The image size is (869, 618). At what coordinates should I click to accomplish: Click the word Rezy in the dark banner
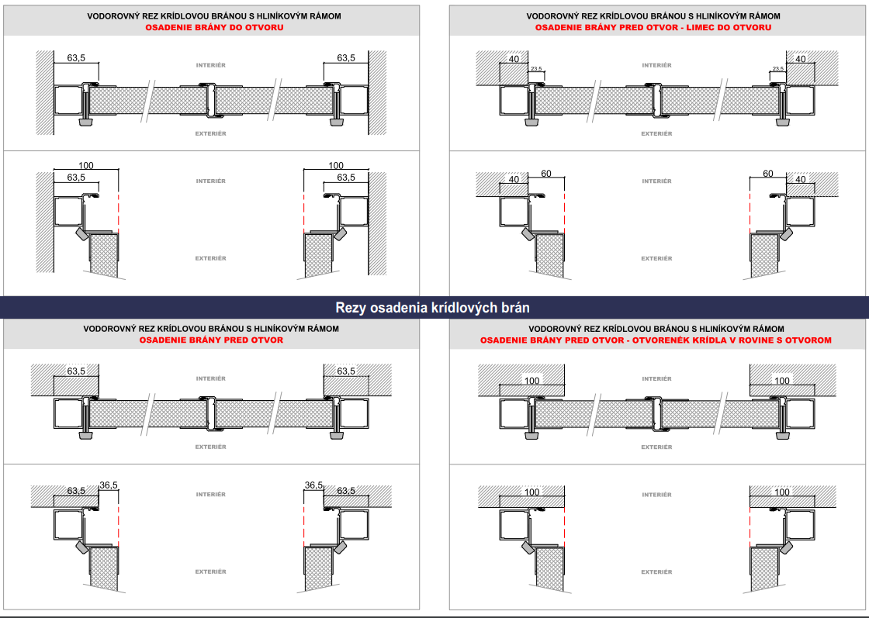[x=351, y=308]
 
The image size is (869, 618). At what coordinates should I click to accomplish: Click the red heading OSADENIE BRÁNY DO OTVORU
[x=214, y=27]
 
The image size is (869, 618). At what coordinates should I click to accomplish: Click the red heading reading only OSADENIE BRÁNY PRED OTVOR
[x=211, y=340]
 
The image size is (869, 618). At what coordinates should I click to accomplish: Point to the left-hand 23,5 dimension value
[x=536, y=69]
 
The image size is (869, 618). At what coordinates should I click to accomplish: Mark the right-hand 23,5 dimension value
[x=777, y=69]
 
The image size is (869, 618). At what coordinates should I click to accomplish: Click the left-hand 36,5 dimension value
[x=109, y=485]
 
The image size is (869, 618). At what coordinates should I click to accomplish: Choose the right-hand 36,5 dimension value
[x=313, y=485]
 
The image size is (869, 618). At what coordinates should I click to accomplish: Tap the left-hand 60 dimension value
[x=546, y=174]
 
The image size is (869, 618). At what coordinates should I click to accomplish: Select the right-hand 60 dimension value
[x=767, y=174]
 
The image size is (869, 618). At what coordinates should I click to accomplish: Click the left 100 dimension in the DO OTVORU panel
[x=86, y=166]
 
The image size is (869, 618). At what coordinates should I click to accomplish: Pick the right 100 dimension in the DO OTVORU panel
[x=336, y=166]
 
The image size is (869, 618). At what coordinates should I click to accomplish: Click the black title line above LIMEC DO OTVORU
[x=653, y=16]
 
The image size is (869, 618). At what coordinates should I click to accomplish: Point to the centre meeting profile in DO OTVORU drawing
[x=210, y=101]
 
